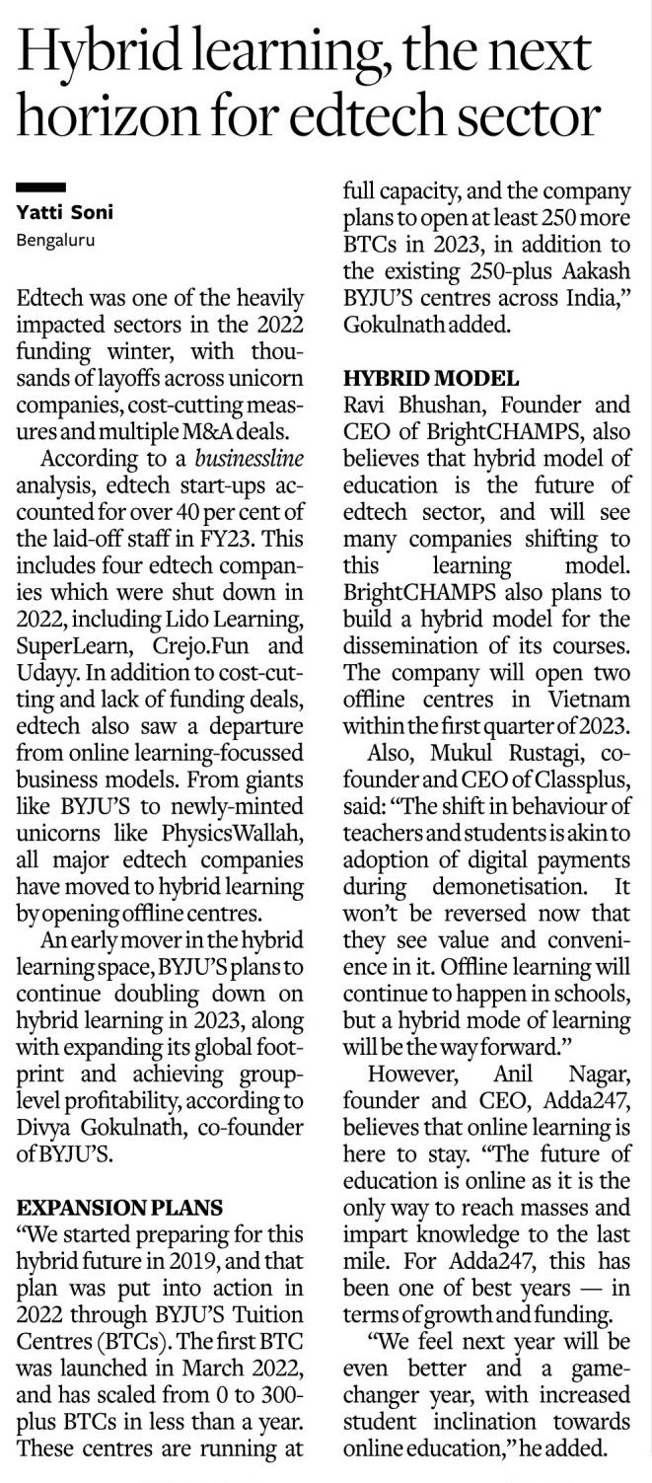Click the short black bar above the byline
point(41,186)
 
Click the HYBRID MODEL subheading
point(430,378)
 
